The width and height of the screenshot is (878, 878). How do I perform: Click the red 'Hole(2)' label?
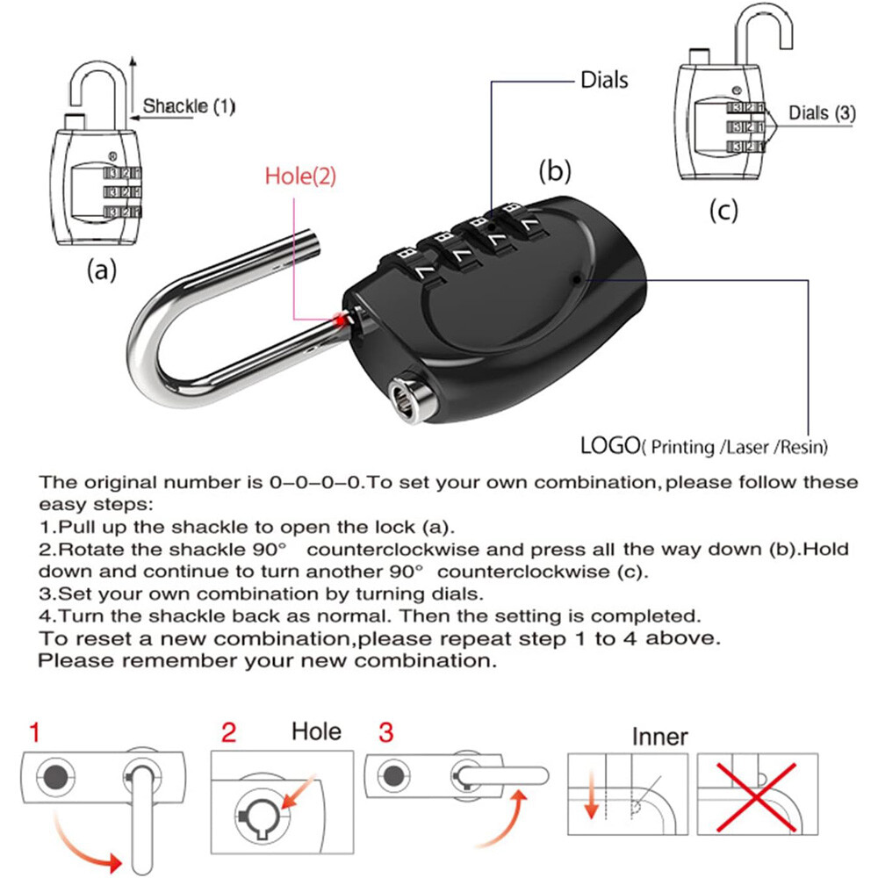tap(299, 176)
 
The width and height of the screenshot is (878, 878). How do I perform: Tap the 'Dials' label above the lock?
tap(605, 80)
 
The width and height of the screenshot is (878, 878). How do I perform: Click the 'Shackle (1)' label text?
tap(190, 107)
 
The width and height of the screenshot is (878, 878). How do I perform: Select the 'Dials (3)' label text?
tap(821, 112)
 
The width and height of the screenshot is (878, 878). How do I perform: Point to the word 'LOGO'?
tap(608, 445)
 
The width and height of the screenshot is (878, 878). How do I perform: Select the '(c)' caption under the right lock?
tap(723, 211)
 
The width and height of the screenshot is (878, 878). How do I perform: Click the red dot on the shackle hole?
tap(338, 321)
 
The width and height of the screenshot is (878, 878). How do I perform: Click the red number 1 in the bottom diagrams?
tap(34, 730)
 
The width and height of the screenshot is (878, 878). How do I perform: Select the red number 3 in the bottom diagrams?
tap(387, 730)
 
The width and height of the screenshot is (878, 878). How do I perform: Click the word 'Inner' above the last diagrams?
tap(660, 736)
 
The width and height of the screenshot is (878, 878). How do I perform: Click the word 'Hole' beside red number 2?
tap(316, 730)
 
